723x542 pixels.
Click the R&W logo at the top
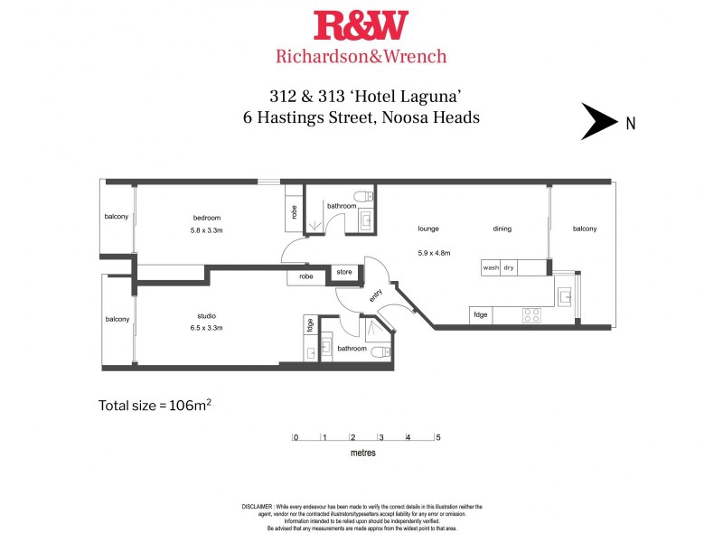(x=361, y=26)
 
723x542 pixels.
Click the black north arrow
(x=597, y=122)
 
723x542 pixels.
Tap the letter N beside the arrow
(x=630, y=124)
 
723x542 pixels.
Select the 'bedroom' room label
(x=207, y=218)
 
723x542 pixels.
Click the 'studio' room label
(x=207, y=315)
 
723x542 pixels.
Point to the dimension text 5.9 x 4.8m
(x=433, y=252)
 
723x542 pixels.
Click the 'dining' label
(x=502, y=229)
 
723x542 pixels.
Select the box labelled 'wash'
(x=491, y=267)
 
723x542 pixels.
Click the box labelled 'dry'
(x=509, y=267)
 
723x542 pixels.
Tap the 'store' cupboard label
(x=343, y=271)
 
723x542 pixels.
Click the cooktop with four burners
(x=532, y=315)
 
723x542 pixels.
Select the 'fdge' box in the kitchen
(x=480, y=315)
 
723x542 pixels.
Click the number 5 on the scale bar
(x=438, y=437)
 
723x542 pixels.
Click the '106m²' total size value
(x=190, y=406)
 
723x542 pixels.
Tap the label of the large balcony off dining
(x=584, y=229)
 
